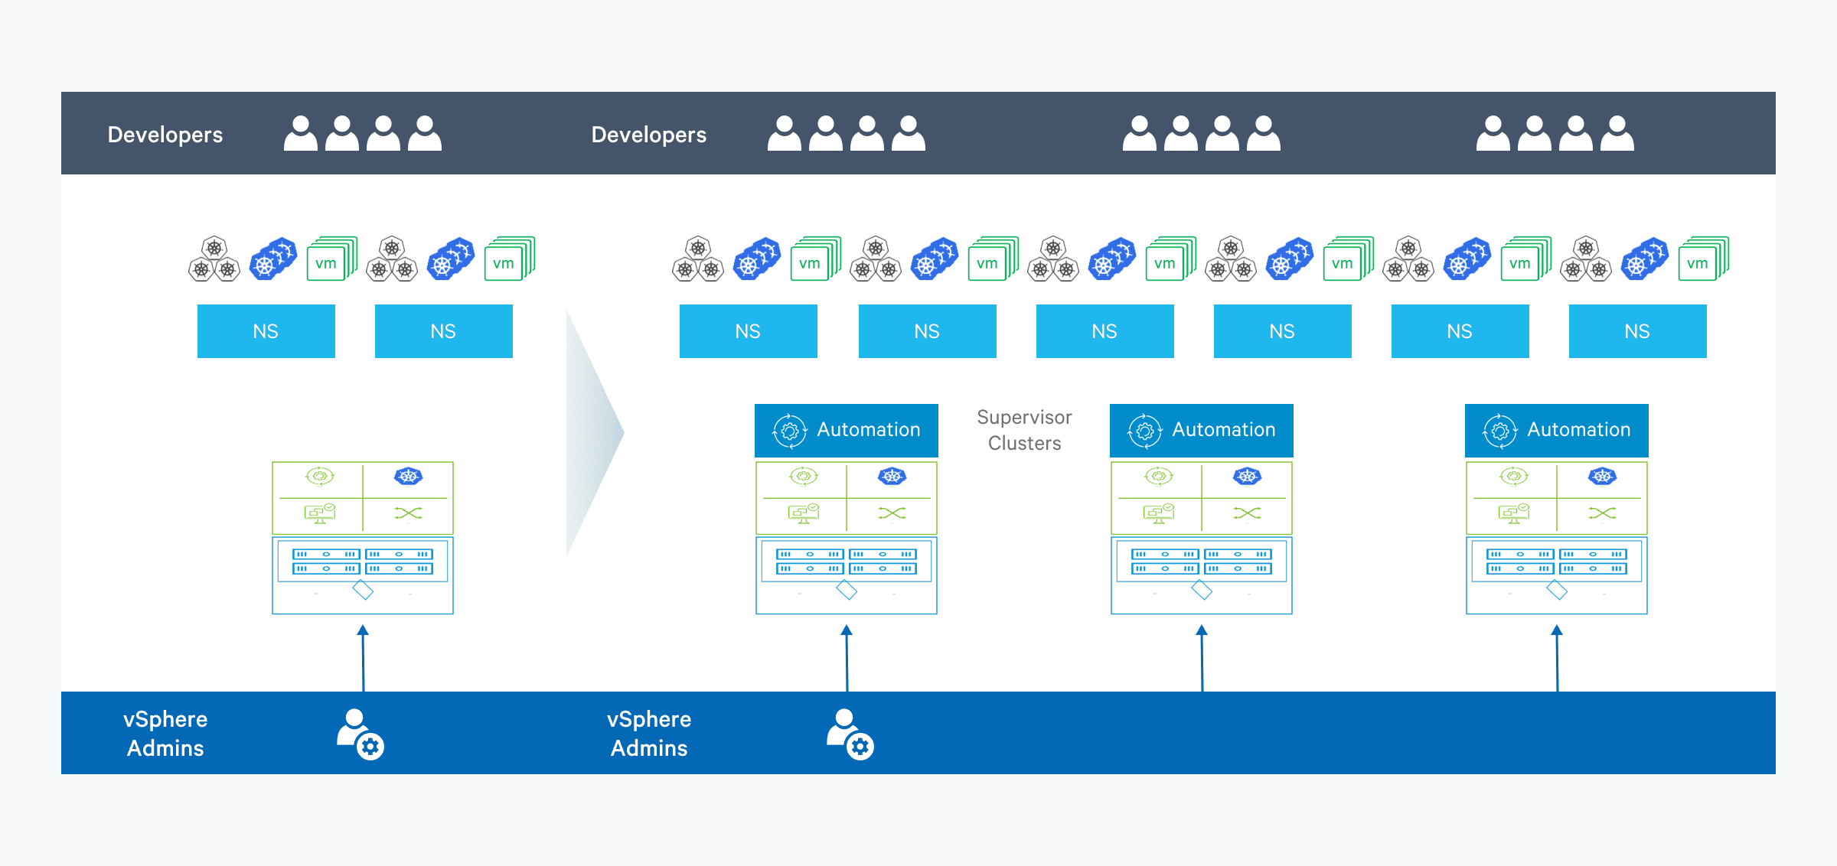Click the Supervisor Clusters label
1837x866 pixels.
[x=1024, y=430]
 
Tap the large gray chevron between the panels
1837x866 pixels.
[x=594, y=432]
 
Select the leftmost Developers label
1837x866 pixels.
[x=165, y=135]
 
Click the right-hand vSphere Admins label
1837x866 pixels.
[x=649, y=733]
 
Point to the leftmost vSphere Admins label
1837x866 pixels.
[x=165, y=733]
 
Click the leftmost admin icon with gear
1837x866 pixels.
[x=361, y=734]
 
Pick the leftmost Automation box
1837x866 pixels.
[x=847, y=430]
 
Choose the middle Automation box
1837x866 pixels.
[x=1202, y=430]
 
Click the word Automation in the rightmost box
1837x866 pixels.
[x=1579, y=430]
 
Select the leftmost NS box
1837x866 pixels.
[x=266, y=331]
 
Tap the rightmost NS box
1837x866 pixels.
[x=1638, y=331]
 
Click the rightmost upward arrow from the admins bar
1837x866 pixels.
[x=1557, y=658]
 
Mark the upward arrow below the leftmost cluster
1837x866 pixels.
[x=363, y=658]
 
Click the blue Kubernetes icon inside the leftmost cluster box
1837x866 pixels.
[x=409, y=477]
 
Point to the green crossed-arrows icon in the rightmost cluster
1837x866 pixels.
[x=1603, y=513]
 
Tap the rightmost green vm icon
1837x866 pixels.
[x=1702, y=260]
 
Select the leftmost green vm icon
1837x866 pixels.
[x=331, y=260]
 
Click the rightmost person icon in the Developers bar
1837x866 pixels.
[x=1617, y=134]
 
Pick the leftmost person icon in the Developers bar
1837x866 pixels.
[x=301, y=134]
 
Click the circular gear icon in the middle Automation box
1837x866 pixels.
[x=1145, y=431]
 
